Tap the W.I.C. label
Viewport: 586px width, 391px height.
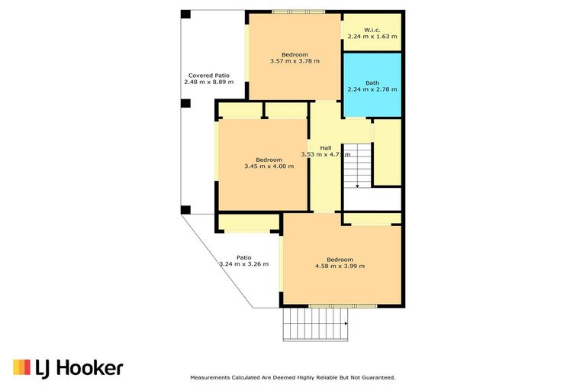(372, 29)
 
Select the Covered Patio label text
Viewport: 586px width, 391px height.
(209, 75)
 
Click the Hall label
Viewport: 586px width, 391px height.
(326, 147)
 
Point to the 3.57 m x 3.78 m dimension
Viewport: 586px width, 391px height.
(295, 61)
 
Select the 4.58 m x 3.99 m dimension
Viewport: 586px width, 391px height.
(340, 266)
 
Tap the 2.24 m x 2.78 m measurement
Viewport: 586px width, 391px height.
(372, 89)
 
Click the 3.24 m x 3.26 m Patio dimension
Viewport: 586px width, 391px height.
(243, 264)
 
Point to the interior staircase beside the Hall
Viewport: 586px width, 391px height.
(356, 165)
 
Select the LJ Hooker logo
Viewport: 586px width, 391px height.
(68, 368)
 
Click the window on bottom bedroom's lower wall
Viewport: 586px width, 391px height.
(332, 306)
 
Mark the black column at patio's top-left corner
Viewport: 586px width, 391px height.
(185, 15)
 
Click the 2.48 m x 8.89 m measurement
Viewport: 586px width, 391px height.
(209, 82)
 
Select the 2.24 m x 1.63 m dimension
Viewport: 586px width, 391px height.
(372, 36)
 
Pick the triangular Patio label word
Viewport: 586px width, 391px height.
(243, 257)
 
